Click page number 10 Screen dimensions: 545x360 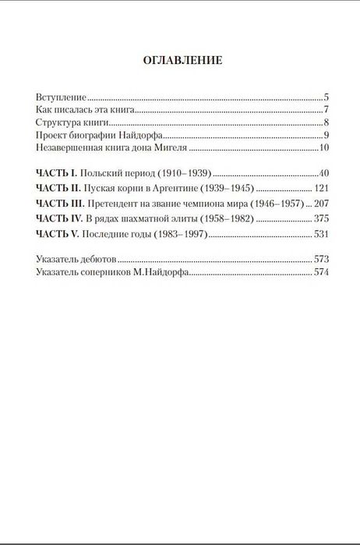point(326,147)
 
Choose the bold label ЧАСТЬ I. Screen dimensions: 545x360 point(57,173)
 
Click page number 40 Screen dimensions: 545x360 point(326,173)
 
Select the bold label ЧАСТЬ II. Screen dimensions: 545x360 point(58,189)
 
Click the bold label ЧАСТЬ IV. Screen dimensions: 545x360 point(60,219)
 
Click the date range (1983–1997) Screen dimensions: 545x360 point(177,235)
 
